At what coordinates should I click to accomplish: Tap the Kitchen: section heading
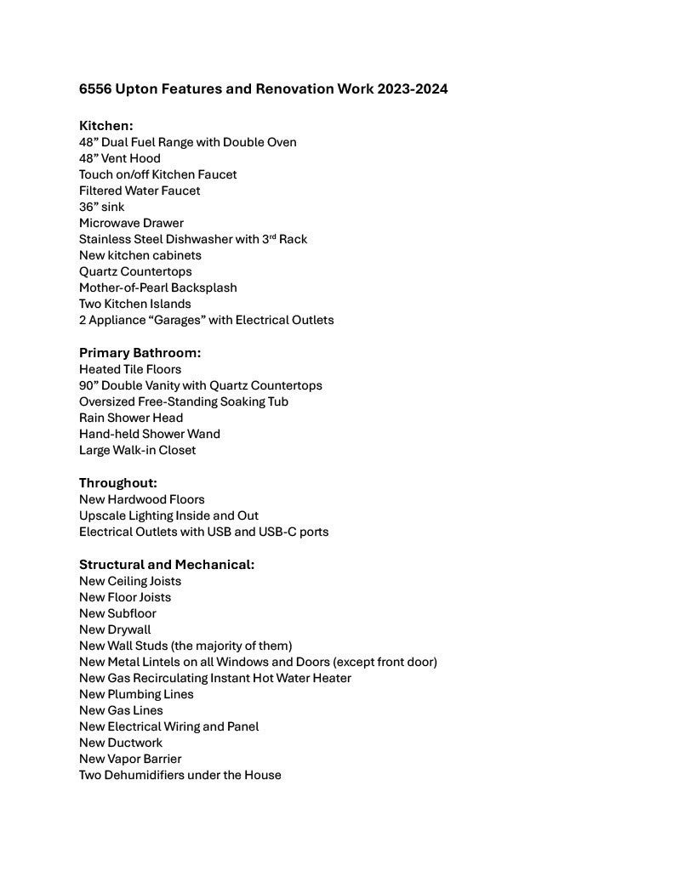coord(106,126)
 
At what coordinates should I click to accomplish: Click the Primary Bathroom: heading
coord(140,353)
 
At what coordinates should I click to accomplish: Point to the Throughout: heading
coord(118,483)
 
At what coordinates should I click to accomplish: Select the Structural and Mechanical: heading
coord(167,565)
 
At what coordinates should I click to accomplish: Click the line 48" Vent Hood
coord(120,158)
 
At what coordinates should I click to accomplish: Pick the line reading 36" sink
coord(102,207)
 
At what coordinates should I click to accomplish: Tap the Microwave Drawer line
coord(131,223)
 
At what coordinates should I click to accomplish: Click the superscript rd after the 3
coord(272,236)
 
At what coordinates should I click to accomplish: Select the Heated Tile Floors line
coord(130,369)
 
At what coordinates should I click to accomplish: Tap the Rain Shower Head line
coord(131,418)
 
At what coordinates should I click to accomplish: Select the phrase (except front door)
coord(385,662)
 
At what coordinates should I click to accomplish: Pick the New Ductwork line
coord(121,743)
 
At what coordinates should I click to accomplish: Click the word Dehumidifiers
coord(149,775)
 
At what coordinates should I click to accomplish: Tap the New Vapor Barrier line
coord(130,759)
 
